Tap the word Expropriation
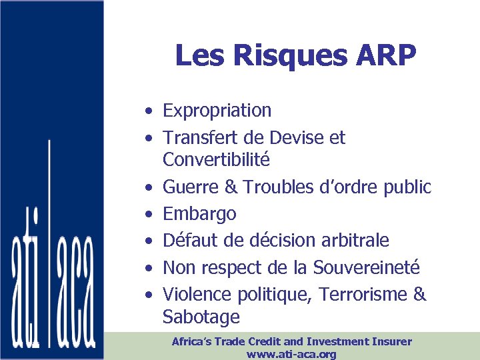217,111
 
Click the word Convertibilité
216,160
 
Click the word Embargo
199,215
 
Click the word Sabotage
201,317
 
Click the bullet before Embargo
153,215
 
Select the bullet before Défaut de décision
153,241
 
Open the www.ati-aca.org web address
291,354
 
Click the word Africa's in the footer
193,341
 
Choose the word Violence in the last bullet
196,294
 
